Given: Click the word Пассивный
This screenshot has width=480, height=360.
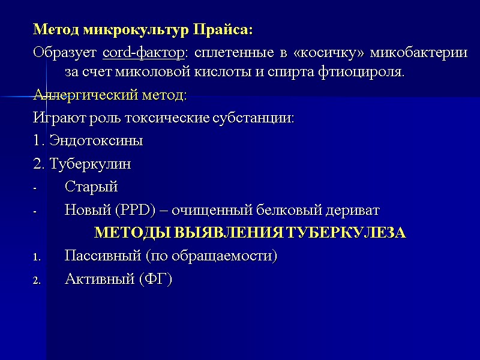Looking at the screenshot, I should click(102, 256).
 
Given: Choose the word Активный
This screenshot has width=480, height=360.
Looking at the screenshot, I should click(98, 279).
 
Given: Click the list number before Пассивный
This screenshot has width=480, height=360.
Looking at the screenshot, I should click(36, 257).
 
